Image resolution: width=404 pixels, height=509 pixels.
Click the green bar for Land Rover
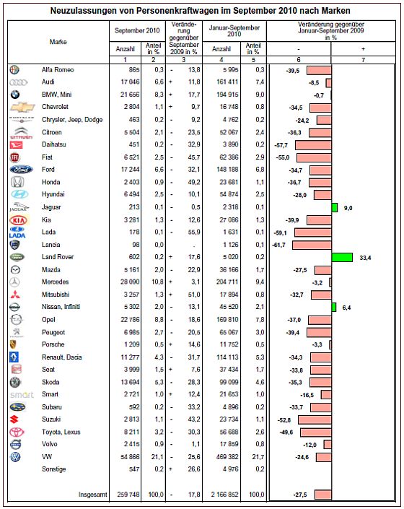pyautogui.click(x=342, y=258)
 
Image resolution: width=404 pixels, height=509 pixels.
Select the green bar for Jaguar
pyautogui.click(x=335, y=207)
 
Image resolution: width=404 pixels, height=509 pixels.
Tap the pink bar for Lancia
pyautogui.click(x=312, y=245)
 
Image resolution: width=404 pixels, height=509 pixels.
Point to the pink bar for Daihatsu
pyautogui.click(x=313, y=145)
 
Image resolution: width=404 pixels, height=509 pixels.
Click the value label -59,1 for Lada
pyautogui.click(x=280, y=232)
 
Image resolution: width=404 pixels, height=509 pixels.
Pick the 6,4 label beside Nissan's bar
pyautogui.click(x=346, y=308)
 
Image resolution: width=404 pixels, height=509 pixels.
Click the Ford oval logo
pyautogui.click(x=21, y=170)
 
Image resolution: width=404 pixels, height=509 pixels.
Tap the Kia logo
pyautogui.click(x=19, y=220)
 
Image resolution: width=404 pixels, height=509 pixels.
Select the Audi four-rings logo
pyautogui.click(x=19, y=82)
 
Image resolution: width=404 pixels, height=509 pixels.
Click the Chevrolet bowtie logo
pyautogui.click(x=22, y=107)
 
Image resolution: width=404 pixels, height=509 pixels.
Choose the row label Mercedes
pyautogui.click(x=55, y=282)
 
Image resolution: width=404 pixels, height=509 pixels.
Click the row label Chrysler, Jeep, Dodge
pyautogui.click(x=72, y=120)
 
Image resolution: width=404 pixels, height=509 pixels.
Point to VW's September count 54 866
pyautogui.click(x=130, y=457)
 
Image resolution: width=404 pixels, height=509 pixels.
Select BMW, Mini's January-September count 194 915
pyautogui.click(x=227, y=95)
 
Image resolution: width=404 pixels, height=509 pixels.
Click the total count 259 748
pyautogui.click(x=128, y=495)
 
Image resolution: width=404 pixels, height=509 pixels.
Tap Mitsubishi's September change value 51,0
pyautogui.click(x=194, y=295)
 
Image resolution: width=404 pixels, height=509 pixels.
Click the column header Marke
pyautogui.click(x=58, y=42)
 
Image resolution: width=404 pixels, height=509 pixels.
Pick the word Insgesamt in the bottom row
pyautogui.click(x=93, y=495)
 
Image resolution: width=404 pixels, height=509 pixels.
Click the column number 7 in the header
pyautogui.click(x=363, y=60)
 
